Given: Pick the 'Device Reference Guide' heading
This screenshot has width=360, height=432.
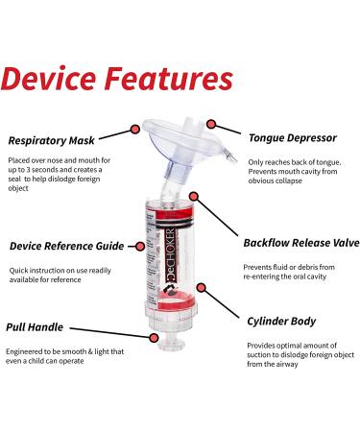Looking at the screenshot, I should (x=72, y=246).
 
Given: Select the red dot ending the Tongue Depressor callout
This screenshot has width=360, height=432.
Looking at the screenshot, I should (x=209, y=125).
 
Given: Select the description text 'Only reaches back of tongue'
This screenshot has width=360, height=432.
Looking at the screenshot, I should (x=290, y=162).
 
